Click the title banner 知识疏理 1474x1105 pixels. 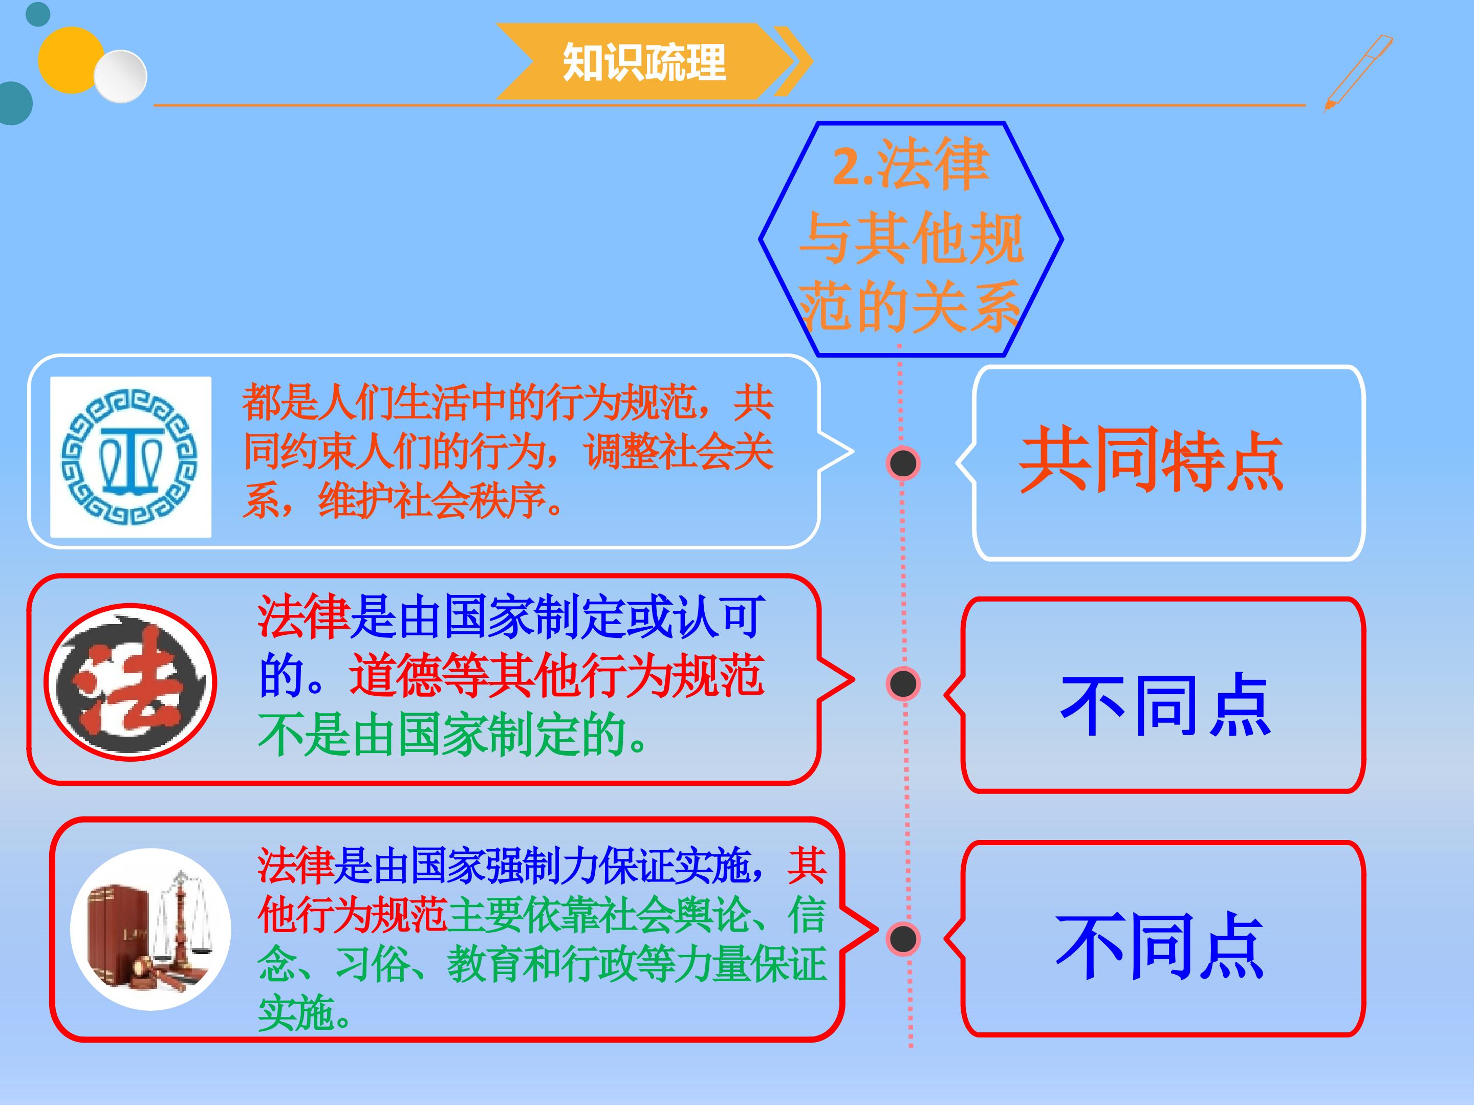(x=654, y=61)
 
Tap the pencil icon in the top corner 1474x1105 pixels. (x=1358, y=73)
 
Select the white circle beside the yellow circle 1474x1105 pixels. (x=120, y=76)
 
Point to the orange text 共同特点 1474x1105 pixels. (x=1151, y=461)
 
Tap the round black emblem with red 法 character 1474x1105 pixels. (x=130, y=681)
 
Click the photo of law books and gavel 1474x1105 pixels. (x=150, y=929)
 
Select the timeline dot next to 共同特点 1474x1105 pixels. (x=903, y=463)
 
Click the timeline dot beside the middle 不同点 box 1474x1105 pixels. (x=903, y=683)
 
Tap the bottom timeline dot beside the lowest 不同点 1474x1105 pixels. (x=903, y=939)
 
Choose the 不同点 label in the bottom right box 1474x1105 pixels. (x=1159, y=946)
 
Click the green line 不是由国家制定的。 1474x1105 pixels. (x=452, y=735)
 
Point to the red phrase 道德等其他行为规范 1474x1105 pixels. (x=556, y=675)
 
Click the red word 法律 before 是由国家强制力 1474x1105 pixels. (x=295, y=866)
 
